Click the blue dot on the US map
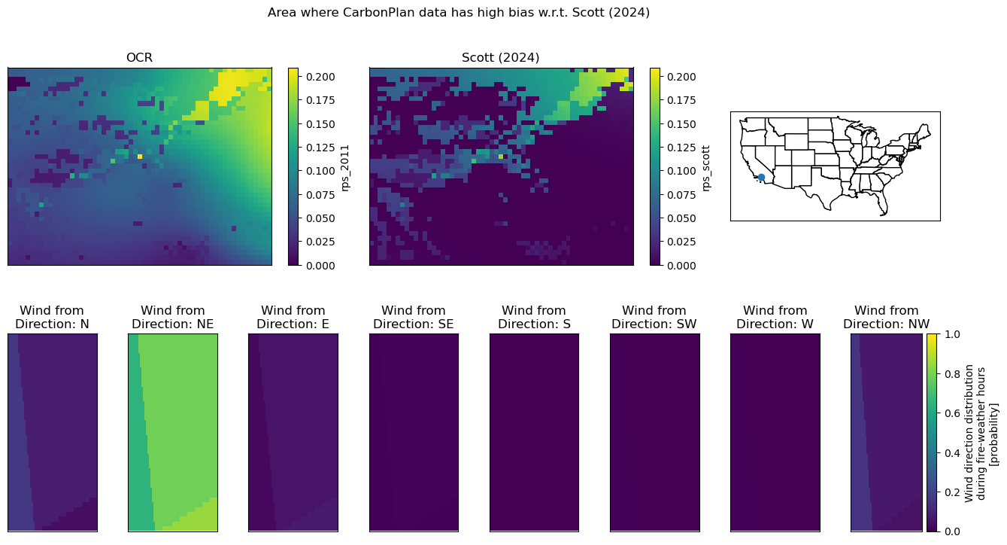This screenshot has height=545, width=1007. click(x=761, y=178)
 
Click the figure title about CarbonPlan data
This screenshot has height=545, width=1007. click(x=459, y=13)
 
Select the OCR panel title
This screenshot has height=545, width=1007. click(x=139, y=58)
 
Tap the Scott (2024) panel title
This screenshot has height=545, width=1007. click(x=500, y=58)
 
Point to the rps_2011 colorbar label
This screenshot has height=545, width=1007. click(x=344, y=168)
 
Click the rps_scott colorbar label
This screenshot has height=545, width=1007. click(x=705, y=168)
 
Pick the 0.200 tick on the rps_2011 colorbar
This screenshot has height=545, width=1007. click(x=320, y=77)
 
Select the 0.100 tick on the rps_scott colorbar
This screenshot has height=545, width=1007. click(x=681, y=171)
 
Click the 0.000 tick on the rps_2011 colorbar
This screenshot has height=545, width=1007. click(x=320, y=266)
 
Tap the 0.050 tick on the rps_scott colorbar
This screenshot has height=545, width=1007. click(x=681, y=218)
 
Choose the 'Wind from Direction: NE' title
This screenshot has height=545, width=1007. click(x=173, y=317)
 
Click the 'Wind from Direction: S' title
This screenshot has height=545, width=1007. click(x=534, y=317)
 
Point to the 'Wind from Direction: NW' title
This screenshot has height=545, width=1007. click(x=886, y=317)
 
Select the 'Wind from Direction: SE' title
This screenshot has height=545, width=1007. click(x=414, y=317)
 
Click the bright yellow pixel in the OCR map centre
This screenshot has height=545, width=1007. click(x=140, y=157)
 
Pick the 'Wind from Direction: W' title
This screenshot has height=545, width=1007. click(x=775, y=317)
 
